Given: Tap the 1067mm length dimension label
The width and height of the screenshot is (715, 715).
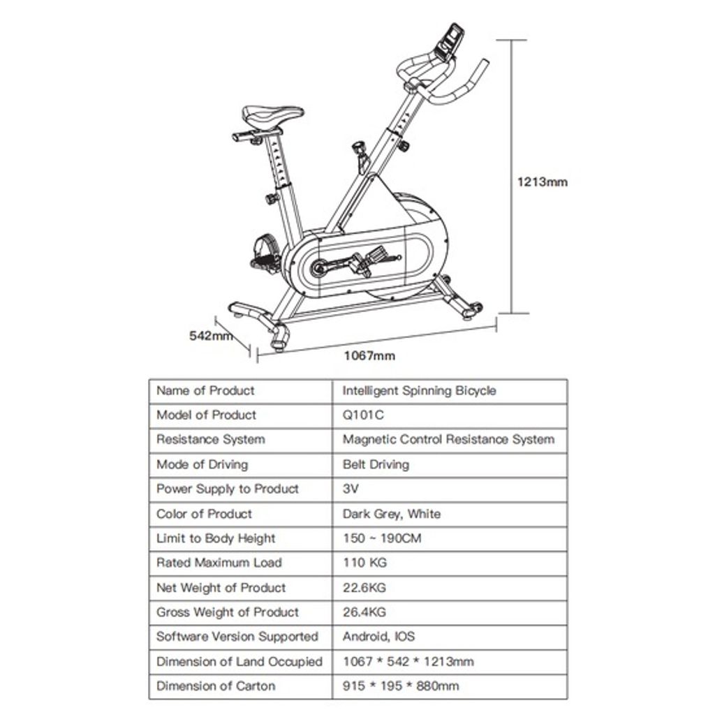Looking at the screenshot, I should (x=369, y=355).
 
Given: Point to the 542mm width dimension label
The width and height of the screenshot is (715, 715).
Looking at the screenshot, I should (x=210, y=336).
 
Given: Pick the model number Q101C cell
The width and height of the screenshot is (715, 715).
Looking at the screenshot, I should (x=363, y=415).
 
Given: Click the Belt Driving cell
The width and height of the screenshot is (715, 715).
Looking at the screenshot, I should (x=376, y=464).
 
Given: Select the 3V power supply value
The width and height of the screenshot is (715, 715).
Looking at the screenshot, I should (x=351, y=489).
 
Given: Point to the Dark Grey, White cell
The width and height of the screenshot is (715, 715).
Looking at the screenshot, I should (x=391, y=514).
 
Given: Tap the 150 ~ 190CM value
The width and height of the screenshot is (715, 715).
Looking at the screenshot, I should (x=381, y=538).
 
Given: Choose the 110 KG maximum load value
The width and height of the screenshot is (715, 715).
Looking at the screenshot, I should (x=364, y=563).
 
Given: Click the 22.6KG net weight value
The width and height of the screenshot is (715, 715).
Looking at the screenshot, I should (x=364, y=588).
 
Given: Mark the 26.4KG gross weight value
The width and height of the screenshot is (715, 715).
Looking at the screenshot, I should (x=364, y=612).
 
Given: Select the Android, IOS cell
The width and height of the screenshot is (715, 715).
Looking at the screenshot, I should (x=378, y=637).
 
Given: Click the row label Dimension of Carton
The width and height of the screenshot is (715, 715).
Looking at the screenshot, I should (x=216, y=686).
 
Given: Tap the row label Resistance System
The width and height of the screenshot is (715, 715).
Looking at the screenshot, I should (x=210, y=440).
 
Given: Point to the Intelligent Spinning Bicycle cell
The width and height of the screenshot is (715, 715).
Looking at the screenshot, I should (x=419, y=390).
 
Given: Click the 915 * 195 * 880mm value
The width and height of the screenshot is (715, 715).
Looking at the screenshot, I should (x=401, y=686).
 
